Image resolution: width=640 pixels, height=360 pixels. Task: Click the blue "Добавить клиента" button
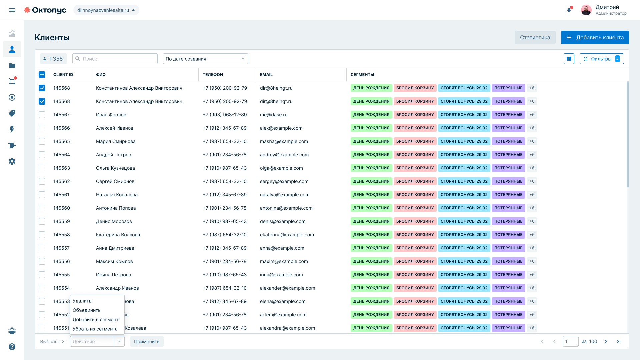point(595,37)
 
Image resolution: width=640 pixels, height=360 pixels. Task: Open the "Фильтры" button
point(602,59)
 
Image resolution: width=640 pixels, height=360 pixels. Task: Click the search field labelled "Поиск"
point(115,59)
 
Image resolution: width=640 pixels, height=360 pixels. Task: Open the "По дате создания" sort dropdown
point(206,59)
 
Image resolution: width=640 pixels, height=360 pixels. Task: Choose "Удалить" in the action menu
point(82,301)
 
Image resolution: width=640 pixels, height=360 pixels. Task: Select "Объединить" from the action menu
point(87,310)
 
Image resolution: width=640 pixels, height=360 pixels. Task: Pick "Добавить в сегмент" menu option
point(95,319)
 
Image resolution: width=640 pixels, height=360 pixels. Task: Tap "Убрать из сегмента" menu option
point(95,329)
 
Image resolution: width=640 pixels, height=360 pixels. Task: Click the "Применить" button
point(147,341)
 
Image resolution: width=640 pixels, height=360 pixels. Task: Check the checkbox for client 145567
point(42,115)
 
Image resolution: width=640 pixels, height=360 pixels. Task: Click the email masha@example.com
point(284,141)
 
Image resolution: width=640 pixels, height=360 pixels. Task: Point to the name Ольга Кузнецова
point(115,168)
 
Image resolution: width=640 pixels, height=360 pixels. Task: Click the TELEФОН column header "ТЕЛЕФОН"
point(213,75)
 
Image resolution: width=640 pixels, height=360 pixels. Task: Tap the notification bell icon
point(569,10)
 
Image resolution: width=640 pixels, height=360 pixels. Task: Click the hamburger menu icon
point(12,10)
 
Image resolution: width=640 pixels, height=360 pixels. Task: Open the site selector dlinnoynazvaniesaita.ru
point(106,10)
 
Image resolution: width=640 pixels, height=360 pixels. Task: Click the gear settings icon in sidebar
point(12,161)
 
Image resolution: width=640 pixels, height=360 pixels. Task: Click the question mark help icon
point(12,347)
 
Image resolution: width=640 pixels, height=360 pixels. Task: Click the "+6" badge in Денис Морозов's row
point(532,221)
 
